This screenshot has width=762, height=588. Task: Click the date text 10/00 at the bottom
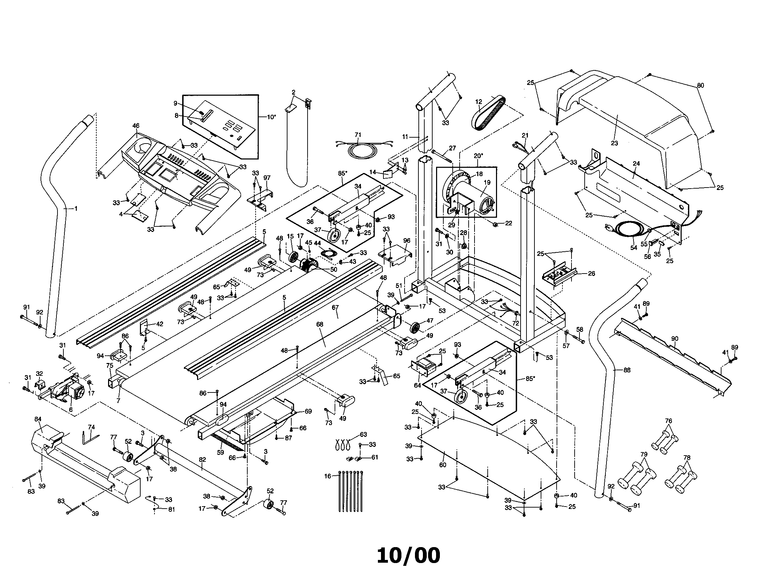coord(408,555)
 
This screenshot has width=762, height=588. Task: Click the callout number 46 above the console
coord(136,126)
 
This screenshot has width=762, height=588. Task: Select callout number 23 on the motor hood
coord(614,143)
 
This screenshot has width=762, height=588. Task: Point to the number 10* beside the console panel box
coord(271,117)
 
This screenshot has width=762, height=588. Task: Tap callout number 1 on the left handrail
coord(76,208)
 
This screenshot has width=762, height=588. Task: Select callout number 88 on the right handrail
coord(627,370)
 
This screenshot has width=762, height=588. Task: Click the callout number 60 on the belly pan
coord(442,465)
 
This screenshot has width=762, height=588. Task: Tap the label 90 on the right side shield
coord(674,339)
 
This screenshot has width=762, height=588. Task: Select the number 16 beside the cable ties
coord(327,476)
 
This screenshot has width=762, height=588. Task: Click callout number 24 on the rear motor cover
coord(636,163)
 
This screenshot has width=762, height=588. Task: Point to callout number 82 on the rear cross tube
coord(202,459)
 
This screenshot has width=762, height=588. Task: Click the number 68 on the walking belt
coord(320,325)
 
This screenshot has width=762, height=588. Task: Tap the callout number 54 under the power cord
coord(633,248)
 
